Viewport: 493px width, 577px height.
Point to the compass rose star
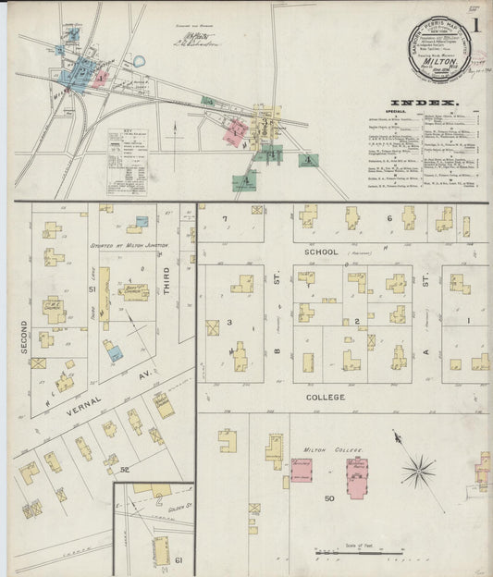[x=418, y=473]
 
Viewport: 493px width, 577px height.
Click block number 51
[x=92, y=289]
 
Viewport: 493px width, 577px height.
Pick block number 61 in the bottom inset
[x=179, y=560]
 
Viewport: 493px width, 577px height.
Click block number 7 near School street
[x=225, y=219]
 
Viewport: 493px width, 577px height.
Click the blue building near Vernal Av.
[x=113, y=350]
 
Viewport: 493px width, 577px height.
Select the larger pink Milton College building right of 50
[x=357, y=472]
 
